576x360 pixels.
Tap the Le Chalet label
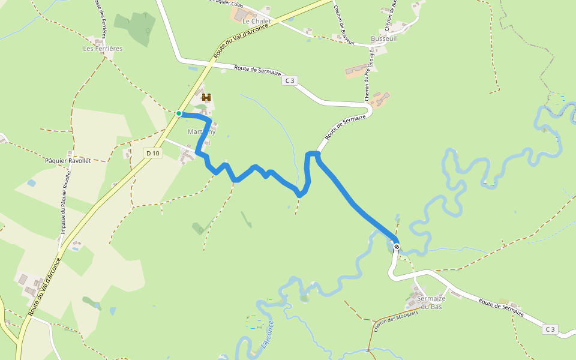[257, 21]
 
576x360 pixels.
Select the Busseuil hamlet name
[384, 38]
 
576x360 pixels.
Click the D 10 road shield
[153, 154]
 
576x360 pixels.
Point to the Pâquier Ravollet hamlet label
[67, 161]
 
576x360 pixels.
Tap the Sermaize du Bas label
[431, 302]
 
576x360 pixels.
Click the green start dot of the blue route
[179, 113]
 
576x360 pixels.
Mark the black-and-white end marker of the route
[397, 246]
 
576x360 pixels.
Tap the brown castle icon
[208, 97]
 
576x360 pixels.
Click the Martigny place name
[201, 132]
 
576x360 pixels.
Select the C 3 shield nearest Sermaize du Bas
[550, 329]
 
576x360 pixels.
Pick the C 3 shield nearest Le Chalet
[290, 80]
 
